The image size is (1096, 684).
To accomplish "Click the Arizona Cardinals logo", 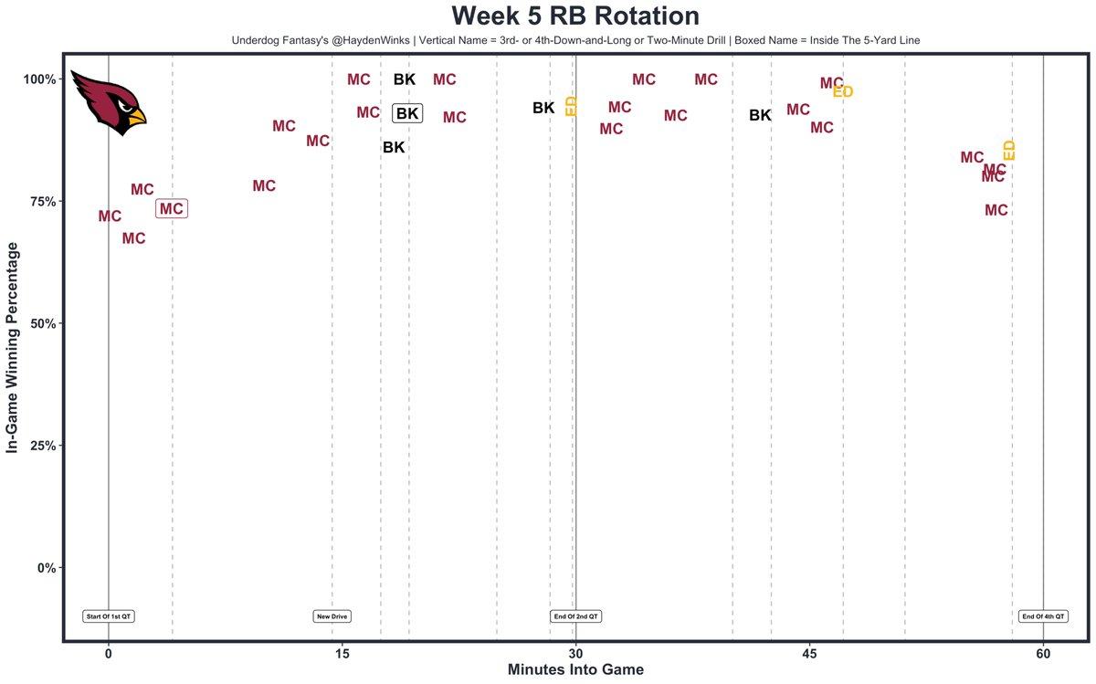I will [x=108, y=102].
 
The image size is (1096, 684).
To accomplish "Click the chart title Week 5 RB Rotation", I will [x=575, y=16].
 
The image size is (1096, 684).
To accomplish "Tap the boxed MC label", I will [x=172, y=209].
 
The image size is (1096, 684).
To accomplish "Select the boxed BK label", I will [x=407, y=113].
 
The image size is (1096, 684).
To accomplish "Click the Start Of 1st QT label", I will [x=109, y=616].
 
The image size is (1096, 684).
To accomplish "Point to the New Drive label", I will [x=332, y=616].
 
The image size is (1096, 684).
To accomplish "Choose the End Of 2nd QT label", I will [x=575, y=616].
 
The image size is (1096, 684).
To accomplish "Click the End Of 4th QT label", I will [x=1043, y=616].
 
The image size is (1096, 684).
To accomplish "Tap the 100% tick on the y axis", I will [x=40, y=79].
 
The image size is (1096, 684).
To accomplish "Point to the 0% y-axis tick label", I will [x=47, y=568].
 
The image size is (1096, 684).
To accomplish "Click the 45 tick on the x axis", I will [x=809, y=654].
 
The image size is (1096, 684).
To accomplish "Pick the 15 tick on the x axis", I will [x=342, y=654].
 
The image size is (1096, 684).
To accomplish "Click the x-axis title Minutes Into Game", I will [x=575, y=670].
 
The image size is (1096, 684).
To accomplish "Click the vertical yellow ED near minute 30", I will [x=572, y=105].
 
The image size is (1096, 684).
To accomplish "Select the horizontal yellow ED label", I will [x=843, y=91].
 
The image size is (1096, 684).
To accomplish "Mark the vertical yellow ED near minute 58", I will [x=1009, y=151].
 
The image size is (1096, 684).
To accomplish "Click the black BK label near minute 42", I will [x=760, y=115].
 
